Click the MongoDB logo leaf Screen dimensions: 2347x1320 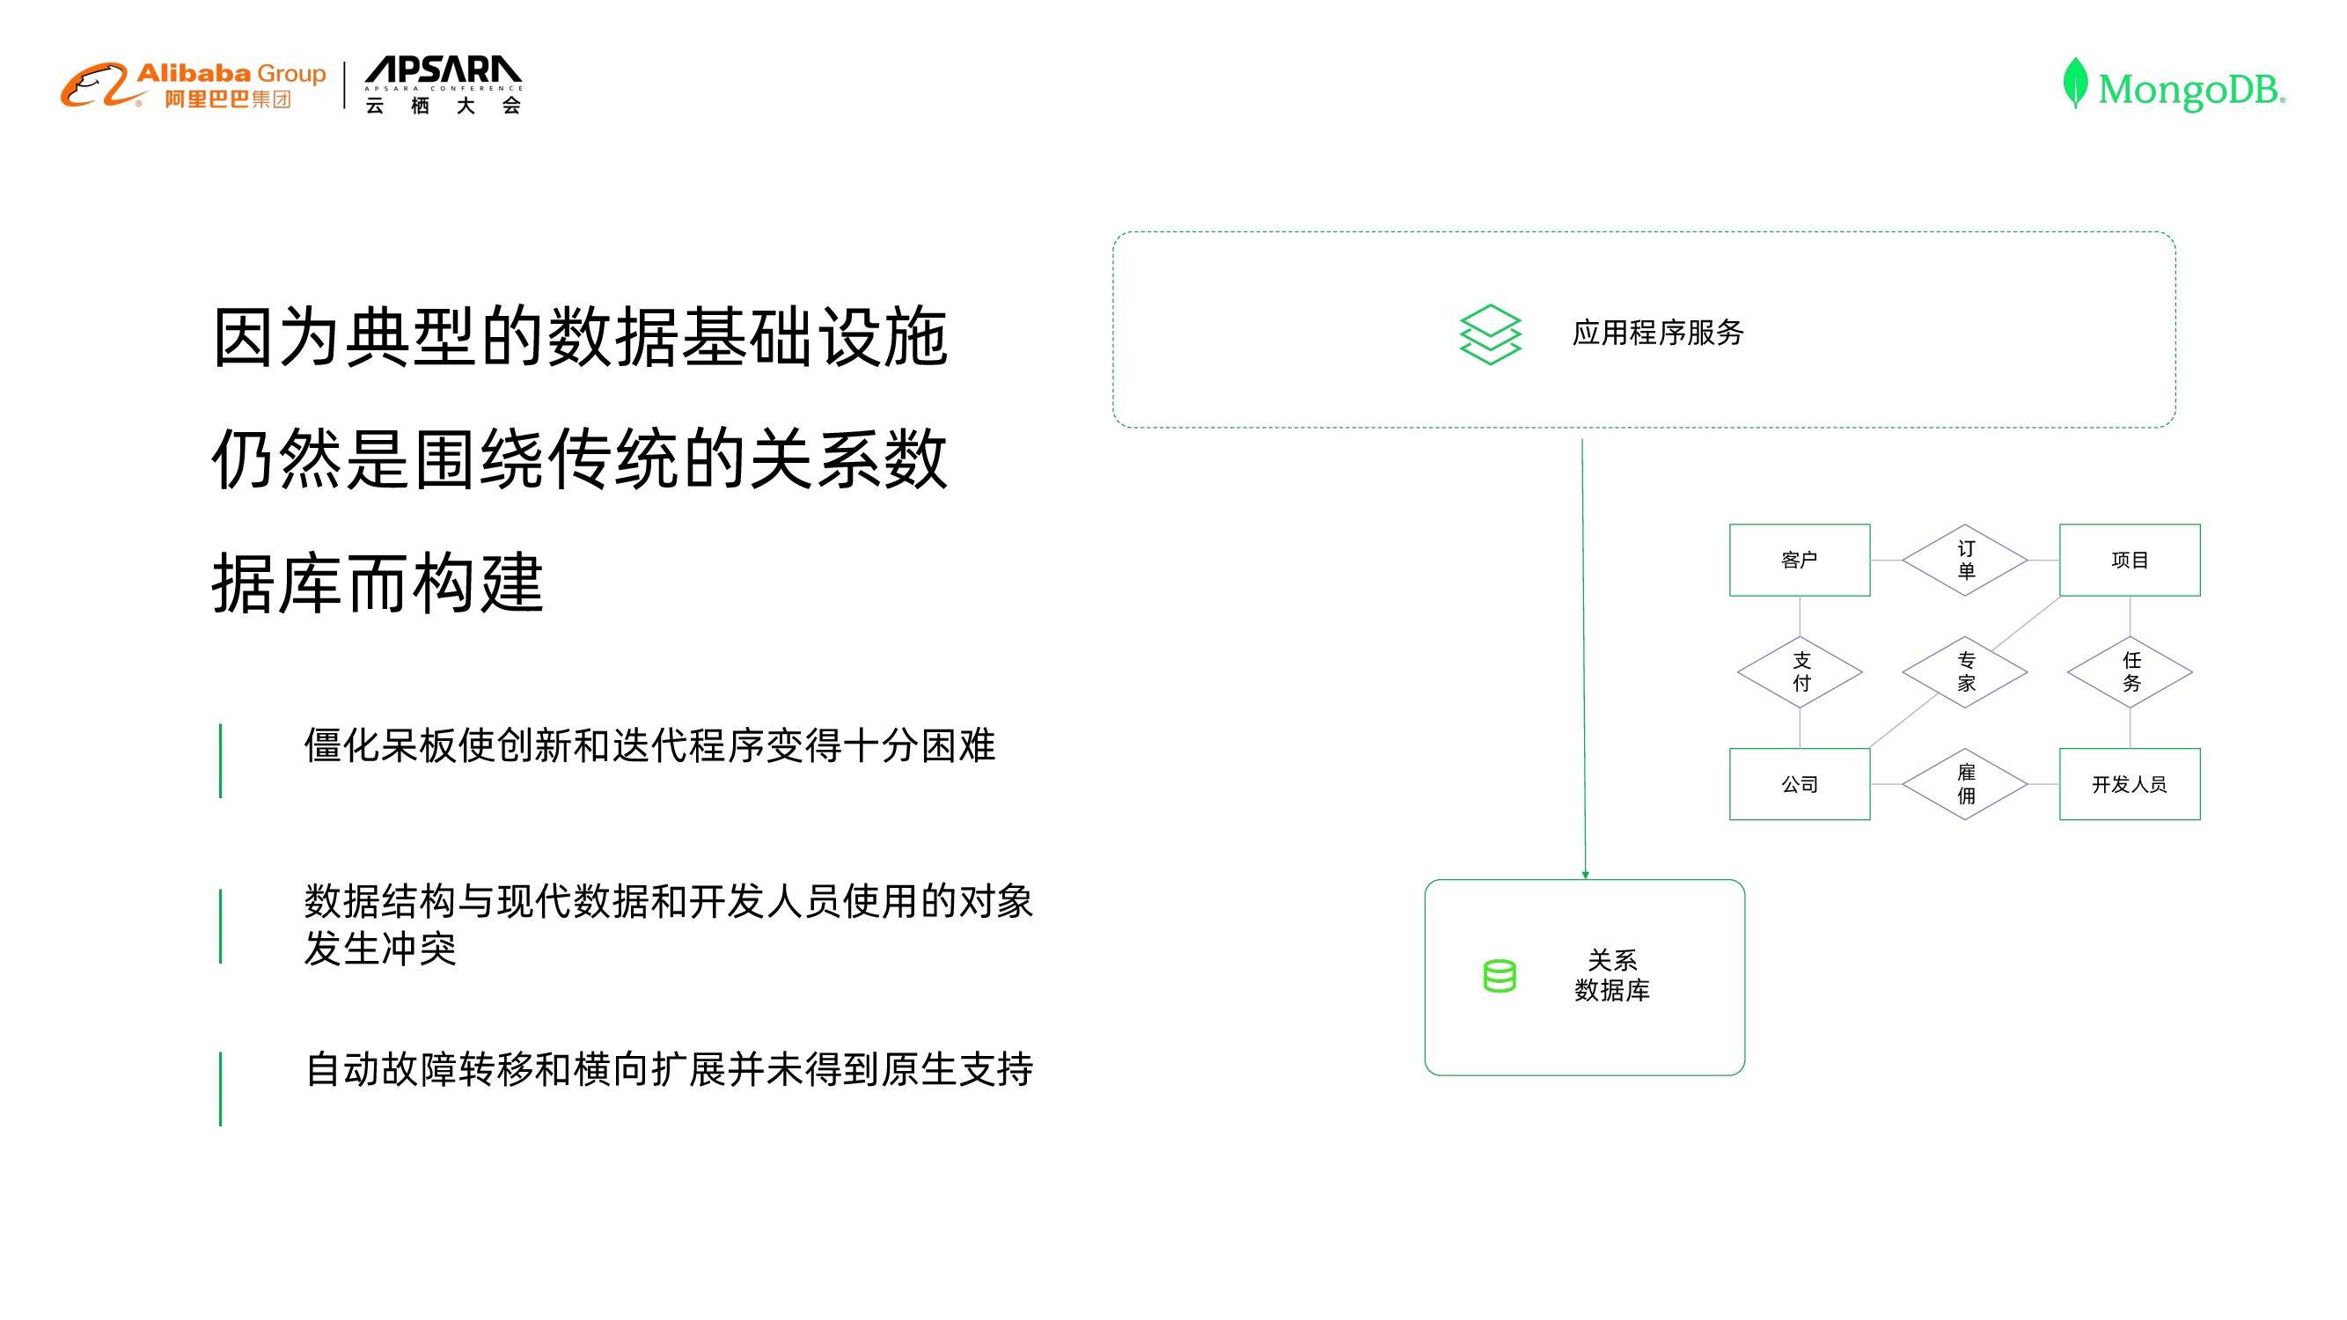pyautogui.click(x=2074, y=83)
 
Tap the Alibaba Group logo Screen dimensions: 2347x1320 pyautogui.click(x=193, y=85)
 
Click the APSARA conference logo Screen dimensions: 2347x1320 pyautogui.click(x=443, y=85)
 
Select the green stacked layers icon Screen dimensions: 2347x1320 pyautogui.click(x=1490, y=334)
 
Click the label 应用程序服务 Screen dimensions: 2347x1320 pyautogui.click(x=1657, y=334)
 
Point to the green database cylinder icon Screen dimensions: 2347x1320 pyautogui.click(x=1499, y=976)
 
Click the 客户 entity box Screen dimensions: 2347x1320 pyautogui.click(x=1799, y=561)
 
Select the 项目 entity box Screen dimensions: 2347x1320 pyautogui.click(x=2129, y=561)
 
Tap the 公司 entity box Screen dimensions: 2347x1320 pyautogui.click(x=1799, y=784)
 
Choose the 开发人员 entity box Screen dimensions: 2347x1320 pyautogui.click(x=2129, y=784)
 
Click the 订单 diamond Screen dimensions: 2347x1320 pyautogui.click(x=1964, y=561)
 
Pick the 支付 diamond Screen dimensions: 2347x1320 pyautogui.click(x=1800, y=672)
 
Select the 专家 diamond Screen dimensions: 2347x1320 pyautogui.click(x=1964, y=672)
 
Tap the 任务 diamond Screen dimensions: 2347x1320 pyautogui.click(x=2130, y=672)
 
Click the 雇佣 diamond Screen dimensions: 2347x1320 pyautogui.click(x=1964, y=784)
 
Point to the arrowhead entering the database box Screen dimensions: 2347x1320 pyautogui.click(x=1585, y=875)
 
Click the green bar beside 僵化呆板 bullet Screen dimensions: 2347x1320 pyautogui.click(x=221, y=760)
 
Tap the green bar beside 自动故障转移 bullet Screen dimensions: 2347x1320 pyautogui.click(x=221, y=1089)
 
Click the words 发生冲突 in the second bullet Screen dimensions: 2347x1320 pyautogui.click(x=380, y=950)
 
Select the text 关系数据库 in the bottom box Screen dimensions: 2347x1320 pyautogui.click(x=1611, y=976)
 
